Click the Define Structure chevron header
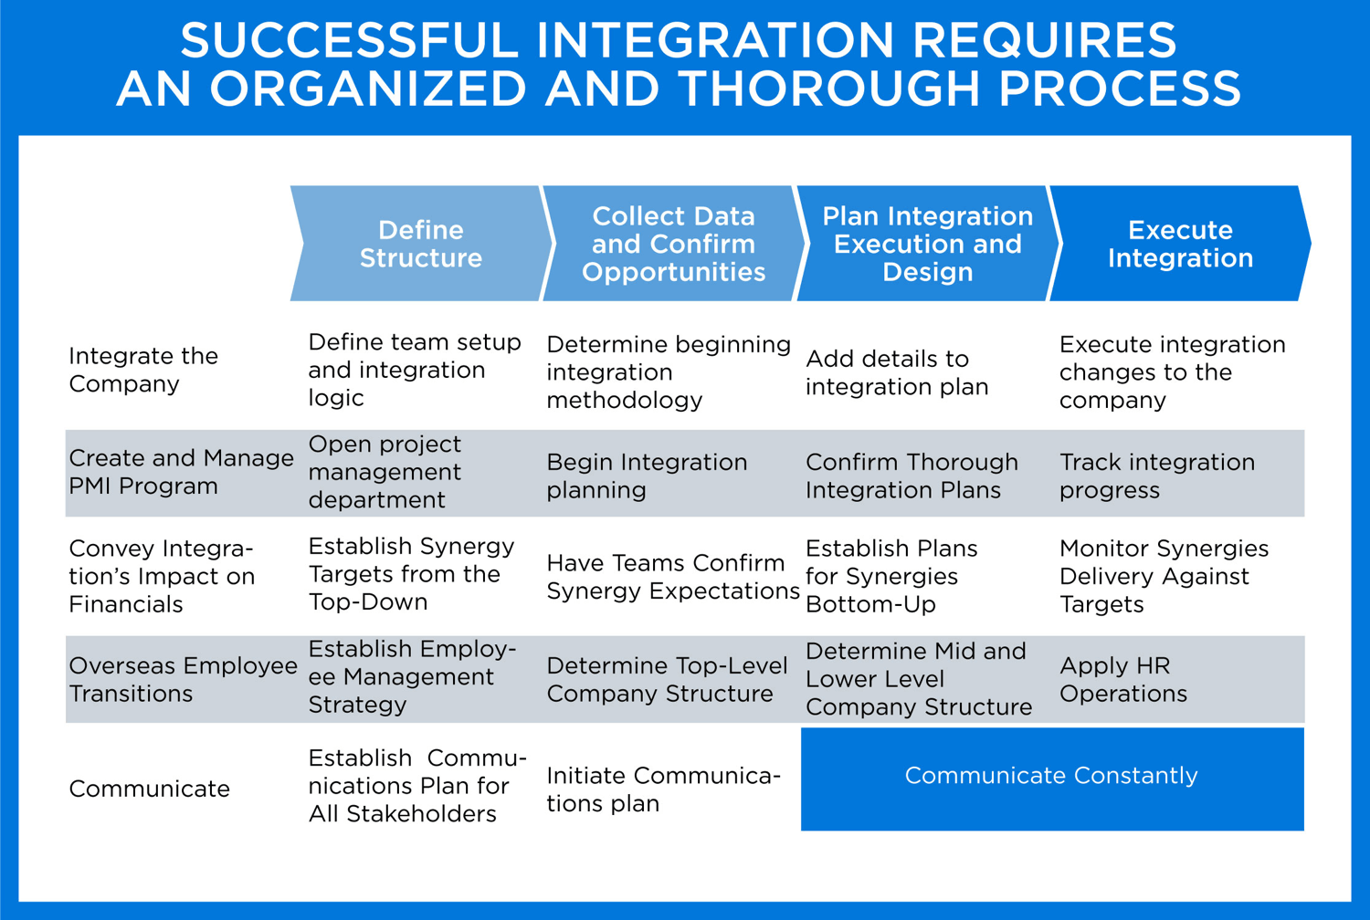420,244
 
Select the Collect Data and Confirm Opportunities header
673,244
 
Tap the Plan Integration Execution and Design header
927,244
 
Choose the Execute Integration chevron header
1179,244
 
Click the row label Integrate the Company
143,370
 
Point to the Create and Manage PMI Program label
181,472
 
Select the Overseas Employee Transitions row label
183,679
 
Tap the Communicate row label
149,789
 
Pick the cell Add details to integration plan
896,372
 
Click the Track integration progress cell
1156,476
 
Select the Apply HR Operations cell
1122,679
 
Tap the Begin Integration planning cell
647,476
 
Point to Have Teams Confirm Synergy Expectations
672,577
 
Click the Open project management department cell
385,472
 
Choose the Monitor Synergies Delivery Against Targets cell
1163,576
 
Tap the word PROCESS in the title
1119,89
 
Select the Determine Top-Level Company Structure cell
667,679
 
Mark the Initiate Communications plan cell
662,789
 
